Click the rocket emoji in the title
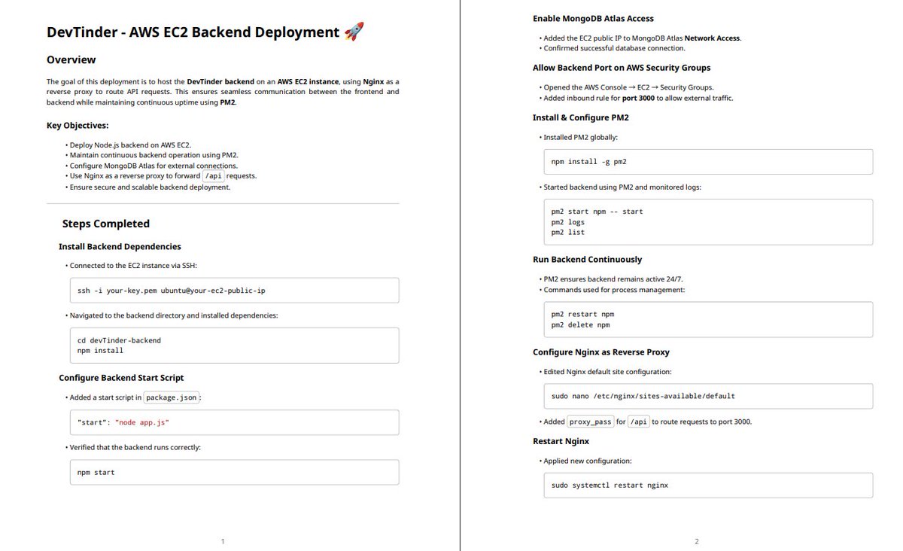coord(354,32)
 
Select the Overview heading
coord(71,59)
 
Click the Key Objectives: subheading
coord(78,125)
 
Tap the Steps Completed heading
coord(105,224)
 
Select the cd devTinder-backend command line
coord(119,340)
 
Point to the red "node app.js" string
coord(141,422)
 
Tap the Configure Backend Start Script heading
coord(121,378)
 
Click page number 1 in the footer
coord(222,541)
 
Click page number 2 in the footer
coord(696,541)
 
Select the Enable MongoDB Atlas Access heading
coord(593,18)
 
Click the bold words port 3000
coord(638,98)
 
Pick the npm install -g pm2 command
coord(588,162)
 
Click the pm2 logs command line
coord(567,222)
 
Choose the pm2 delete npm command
coord(580,325)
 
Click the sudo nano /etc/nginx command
coord(643,395)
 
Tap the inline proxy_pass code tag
coord(591,422)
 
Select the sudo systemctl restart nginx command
coord(610,485)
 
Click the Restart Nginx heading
coord(561,441)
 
